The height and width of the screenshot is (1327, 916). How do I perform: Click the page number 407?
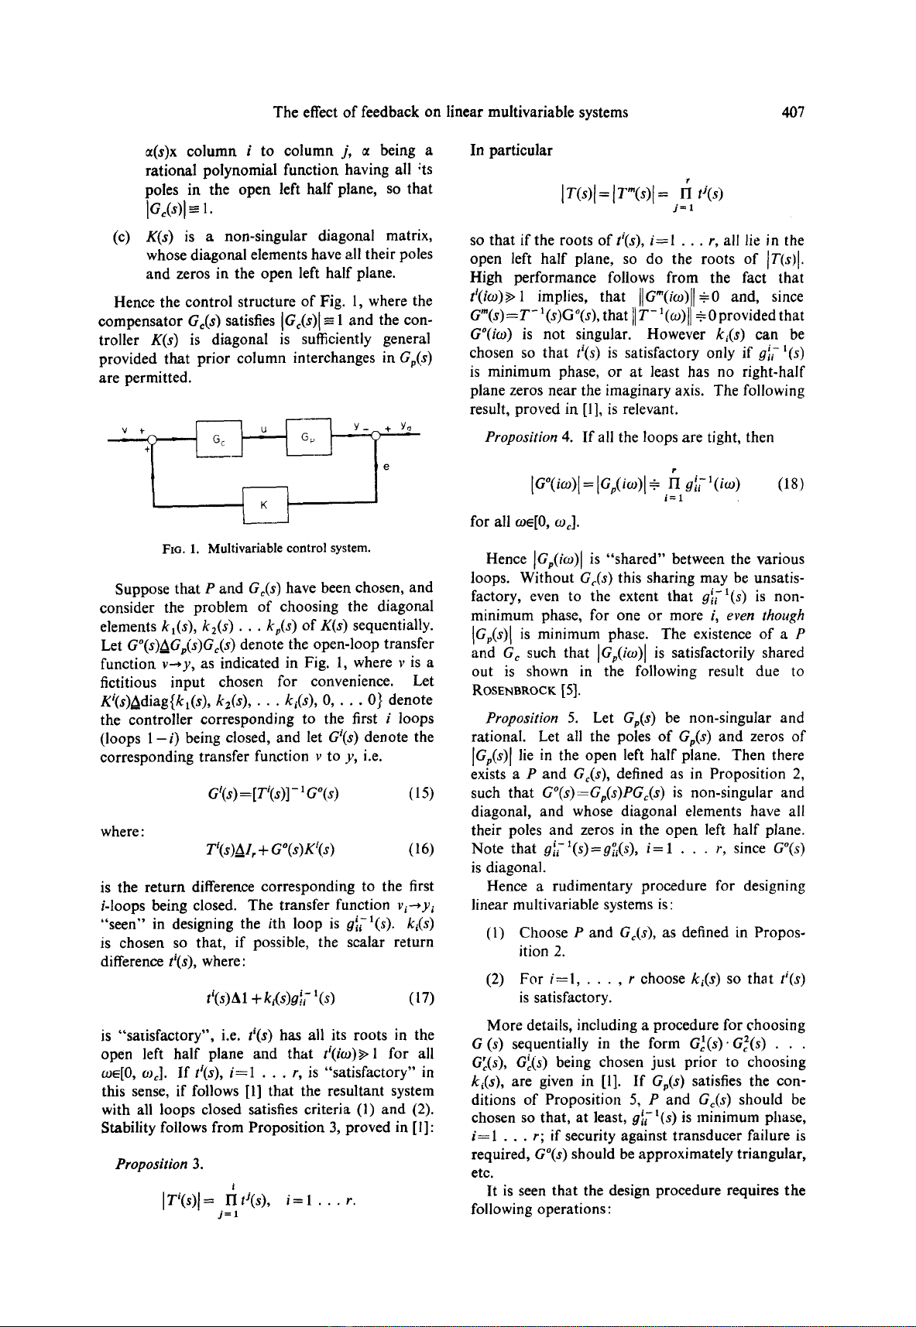[x=793, y=113]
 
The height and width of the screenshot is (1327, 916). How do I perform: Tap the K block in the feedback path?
[x=265, y=506]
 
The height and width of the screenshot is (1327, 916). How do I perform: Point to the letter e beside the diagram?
[x=386, y=467]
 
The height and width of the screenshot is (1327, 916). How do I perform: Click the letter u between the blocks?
[x=264, y=426]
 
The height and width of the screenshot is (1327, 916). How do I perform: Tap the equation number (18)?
[x=792, y=484]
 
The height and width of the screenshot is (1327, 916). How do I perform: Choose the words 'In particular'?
[x=511, y=150]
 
